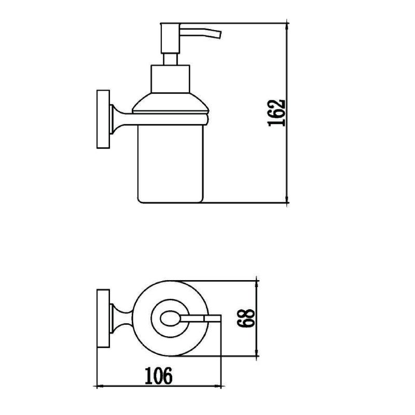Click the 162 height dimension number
point(276,113)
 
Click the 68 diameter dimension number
point(246,318)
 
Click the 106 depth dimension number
point(159,376)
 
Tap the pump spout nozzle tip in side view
point(219,35)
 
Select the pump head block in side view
point(170,38)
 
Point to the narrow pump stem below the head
point(170,60)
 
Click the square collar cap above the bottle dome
point(170,79)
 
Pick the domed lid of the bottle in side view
point(171,102)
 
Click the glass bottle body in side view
point(171,164)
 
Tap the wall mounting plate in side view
point(103,119)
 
